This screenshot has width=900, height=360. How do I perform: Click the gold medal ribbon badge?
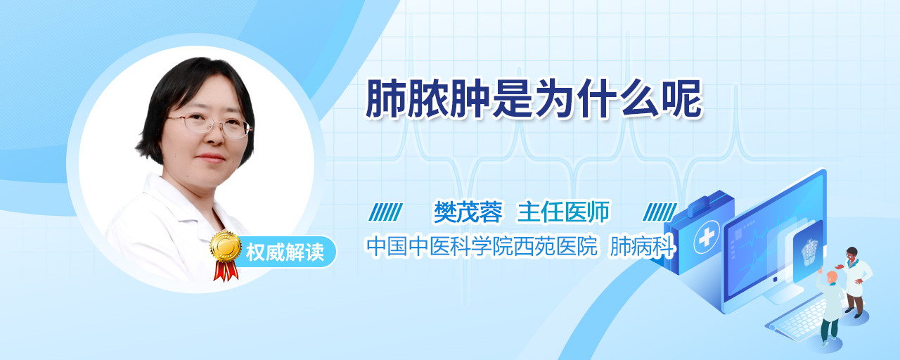click(226, 254)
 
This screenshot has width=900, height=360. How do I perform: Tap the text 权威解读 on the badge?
click(285, 252)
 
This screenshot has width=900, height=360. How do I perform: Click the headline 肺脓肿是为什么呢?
click(534, 99)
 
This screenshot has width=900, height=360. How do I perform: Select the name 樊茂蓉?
click(468, 212)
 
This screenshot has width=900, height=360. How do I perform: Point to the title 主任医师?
click(563, 212)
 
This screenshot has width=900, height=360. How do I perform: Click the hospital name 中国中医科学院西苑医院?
click(482, 246)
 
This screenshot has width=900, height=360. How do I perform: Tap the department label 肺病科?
click(642, 246)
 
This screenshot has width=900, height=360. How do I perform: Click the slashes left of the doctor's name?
click(386, 212)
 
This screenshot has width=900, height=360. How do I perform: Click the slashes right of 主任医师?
click(660, 212)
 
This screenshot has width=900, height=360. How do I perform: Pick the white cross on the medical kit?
click(707, 237)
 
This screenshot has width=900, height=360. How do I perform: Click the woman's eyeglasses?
click(209, 124)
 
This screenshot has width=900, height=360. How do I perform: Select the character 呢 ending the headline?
click(682, 99)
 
